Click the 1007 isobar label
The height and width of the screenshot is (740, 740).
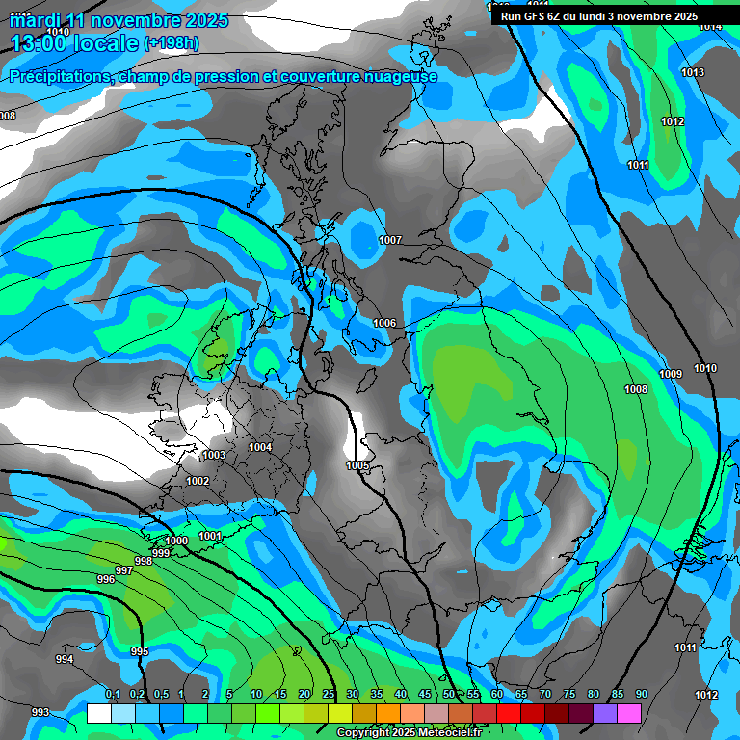click(390, 240)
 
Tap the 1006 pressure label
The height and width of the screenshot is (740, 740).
click(384, 323)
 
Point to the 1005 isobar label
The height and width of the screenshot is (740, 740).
click(357, 466)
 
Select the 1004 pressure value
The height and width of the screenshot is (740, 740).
click(260, 447)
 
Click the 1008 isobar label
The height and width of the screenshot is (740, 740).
click(636, 389)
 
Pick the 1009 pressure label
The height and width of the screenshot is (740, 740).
click(671, 374)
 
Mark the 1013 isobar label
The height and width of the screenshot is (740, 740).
click(692, 73)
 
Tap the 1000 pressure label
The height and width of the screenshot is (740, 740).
click(177, 541)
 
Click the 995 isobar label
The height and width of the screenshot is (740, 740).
click(140, 652)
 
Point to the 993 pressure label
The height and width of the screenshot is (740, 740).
click(40, 712)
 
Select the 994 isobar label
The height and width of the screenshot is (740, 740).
click(65, 659)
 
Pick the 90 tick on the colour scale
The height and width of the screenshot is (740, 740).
click(641, 695)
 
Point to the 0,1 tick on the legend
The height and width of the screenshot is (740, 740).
click(113, 695)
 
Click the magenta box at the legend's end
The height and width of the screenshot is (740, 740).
click(629, 713)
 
